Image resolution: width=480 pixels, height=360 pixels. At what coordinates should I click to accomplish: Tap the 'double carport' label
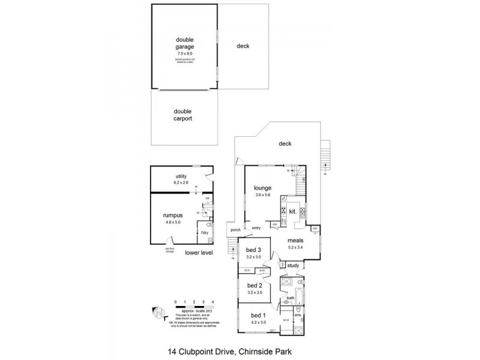182,114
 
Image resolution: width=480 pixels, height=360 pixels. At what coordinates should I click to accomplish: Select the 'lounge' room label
263,188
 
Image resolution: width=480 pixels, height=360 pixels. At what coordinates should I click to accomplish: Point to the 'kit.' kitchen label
293,211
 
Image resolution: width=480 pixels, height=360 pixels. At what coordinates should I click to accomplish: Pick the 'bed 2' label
255,285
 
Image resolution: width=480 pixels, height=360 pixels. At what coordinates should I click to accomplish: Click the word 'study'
293,265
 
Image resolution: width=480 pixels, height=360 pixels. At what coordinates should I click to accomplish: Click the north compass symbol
158,313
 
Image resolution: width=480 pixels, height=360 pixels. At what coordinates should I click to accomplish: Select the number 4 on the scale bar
213,302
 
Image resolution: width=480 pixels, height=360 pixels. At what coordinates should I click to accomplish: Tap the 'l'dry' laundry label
204,232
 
